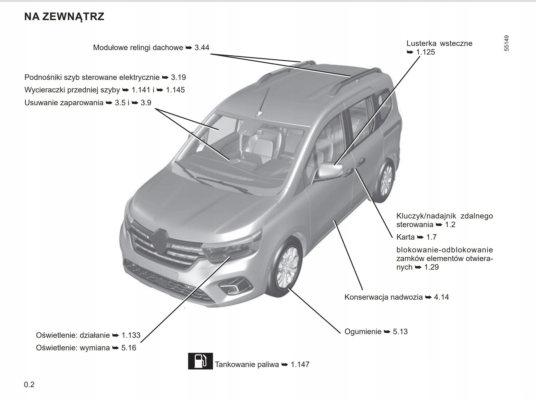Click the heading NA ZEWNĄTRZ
pyautogui.click(x=64, y=17)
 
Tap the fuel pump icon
pyautogui.click(x=200, y=361)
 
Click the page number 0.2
pyautogui.click(x=29, y=384)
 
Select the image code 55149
pyautogui.click(x=506, y=43)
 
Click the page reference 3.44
pyautogui.click(x=202, y=48)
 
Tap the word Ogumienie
pyautogui.click(x=363, y=332)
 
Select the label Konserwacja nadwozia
pyautogui.click(x=383, y=297)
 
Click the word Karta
pyautogui.click(x=405, y=237)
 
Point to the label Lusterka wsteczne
pyautogui.click(x=439, y=43)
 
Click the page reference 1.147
pyautogui.click(x=300, y=364)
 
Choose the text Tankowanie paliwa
pyautogui.click(x=247, y=364)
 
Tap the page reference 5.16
pyautogui.click(x=129, y=348)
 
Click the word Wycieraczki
pyautogui.click(x=45, y=90)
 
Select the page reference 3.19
pyautogui.click(x=178, y=77)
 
